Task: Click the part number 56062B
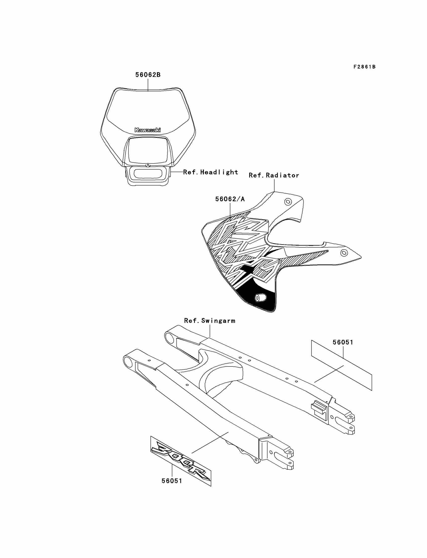[148, 75]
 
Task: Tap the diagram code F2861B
[364, 67]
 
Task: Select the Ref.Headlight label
[210, 172]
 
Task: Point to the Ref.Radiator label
[274, 175]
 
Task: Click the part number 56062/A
[230, 199]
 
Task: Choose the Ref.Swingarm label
[210, 321]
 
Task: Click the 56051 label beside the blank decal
[343, 342]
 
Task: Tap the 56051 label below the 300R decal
[172, 481]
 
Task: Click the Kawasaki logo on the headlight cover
[147, 130]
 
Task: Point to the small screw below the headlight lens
[148, 165]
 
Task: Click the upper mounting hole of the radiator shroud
[288, 202]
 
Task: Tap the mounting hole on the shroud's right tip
[344, 253]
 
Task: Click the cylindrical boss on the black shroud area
[260, 298]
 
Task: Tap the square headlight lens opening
[148, 150]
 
